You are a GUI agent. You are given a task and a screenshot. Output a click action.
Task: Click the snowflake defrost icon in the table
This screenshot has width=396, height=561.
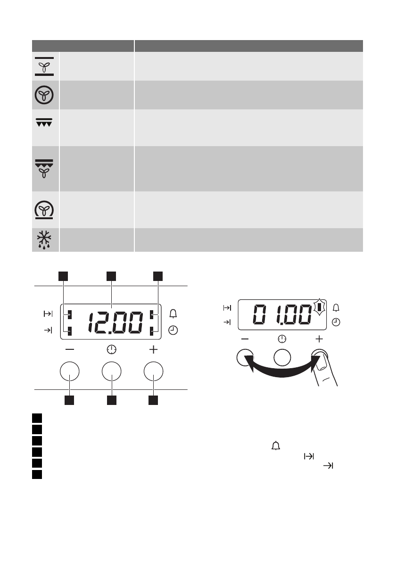point(44,239)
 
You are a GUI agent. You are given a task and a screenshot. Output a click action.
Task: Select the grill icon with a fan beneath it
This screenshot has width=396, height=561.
point(44,168)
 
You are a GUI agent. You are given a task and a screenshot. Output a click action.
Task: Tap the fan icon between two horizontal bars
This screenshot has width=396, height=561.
point(44,66)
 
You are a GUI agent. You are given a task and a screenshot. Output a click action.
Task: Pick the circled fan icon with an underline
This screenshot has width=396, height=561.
point(44,210)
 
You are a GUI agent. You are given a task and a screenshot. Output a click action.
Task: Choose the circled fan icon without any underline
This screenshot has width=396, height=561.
point(44,95)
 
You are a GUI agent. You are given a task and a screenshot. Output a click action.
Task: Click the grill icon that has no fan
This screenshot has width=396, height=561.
point(44,123)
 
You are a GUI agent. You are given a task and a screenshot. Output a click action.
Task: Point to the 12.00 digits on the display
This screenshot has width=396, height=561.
point(115,322)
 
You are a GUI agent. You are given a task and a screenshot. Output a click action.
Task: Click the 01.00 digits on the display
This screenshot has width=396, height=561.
point(282,314)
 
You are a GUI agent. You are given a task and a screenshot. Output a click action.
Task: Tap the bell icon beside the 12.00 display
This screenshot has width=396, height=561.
point(173,314)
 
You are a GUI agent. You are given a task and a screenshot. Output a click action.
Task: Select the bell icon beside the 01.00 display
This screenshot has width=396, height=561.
point(336,308)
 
